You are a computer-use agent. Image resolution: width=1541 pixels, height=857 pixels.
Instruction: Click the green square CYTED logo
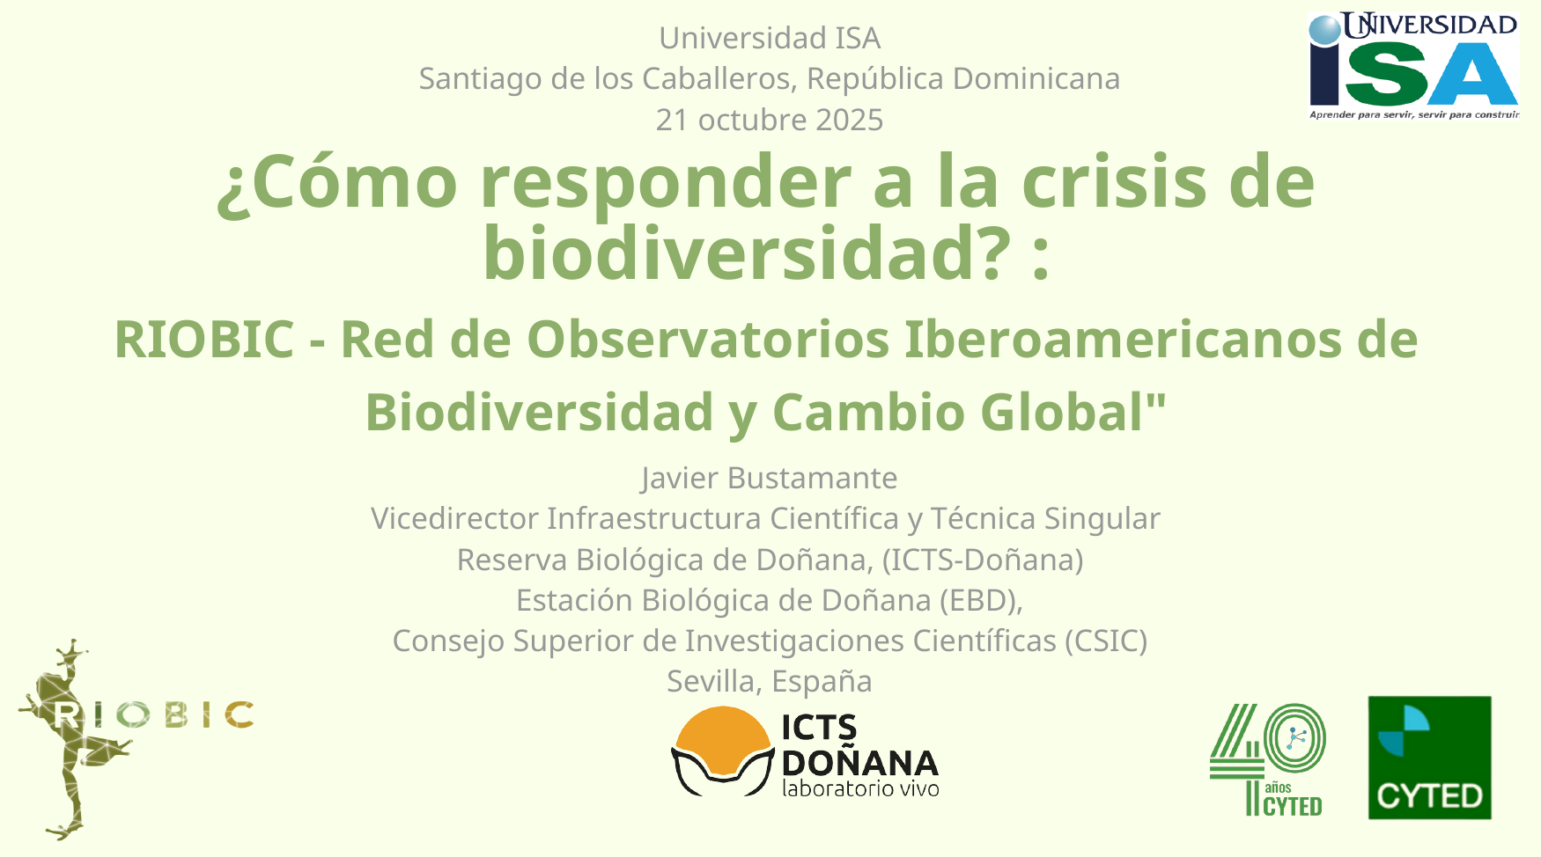[1429, 758]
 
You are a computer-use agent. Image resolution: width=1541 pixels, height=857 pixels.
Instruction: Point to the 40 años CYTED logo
[1267, 759]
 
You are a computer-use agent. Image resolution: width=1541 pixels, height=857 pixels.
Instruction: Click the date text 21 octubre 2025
[770, 120]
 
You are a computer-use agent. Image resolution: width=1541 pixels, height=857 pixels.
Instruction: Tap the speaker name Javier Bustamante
[770, 478]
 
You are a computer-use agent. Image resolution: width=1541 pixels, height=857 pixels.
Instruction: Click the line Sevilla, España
[770, 681]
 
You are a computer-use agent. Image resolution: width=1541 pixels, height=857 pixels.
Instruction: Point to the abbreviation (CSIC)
[1106, 641]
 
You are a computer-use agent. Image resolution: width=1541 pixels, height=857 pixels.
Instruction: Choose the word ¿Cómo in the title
[337, 182]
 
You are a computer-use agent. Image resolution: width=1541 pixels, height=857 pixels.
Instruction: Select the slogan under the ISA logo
[1414, 114]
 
